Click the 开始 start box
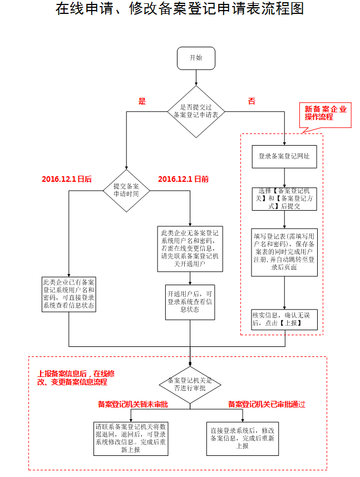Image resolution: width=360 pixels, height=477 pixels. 196,58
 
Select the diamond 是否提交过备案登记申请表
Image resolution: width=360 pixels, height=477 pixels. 195,111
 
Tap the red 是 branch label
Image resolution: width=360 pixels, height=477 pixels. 142,101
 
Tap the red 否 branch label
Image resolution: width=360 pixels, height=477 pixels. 251,101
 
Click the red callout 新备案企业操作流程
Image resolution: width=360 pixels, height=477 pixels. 326,113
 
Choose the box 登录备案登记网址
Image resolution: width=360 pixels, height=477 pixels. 284,156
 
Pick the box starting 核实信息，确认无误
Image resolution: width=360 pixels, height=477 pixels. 284,319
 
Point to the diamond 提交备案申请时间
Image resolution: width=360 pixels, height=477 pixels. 126,191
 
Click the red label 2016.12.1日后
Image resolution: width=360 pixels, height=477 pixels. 67,180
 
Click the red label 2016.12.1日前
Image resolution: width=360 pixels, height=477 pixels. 183,180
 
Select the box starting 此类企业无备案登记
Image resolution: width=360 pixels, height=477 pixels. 189,248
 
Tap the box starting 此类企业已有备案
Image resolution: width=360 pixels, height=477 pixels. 69,294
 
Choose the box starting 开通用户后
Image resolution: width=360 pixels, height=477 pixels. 189,302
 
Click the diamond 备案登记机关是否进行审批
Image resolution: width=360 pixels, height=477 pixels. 190,385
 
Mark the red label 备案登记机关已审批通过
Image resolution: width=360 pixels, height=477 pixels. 267,405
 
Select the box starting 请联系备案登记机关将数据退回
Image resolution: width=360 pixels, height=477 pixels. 131,438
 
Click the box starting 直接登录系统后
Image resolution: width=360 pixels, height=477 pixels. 243,438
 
